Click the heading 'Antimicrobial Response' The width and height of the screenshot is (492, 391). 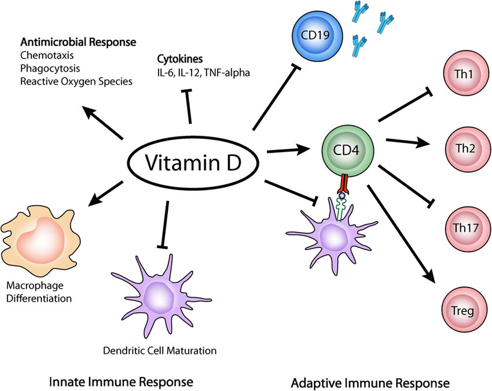coord(78,42)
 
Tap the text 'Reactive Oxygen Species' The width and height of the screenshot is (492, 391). coord(76,82)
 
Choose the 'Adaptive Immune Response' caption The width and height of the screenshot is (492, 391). coord(370,382)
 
